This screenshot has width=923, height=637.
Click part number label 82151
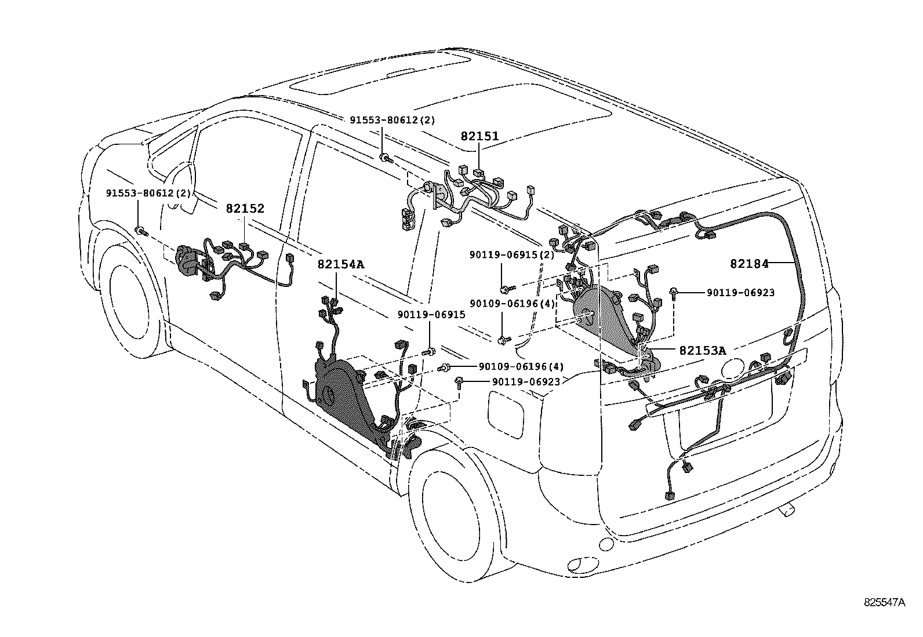point(479,136)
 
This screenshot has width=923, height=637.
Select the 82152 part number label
point(245,209)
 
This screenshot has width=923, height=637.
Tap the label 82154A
point(340,265)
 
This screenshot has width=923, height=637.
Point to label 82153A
point(702,351)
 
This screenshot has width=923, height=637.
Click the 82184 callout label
point(748,264)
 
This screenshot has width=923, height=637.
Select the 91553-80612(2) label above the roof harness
point(391,121)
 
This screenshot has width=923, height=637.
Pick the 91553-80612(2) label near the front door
point(148,192)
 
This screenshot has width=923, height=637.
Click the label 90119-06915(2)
point(511,255)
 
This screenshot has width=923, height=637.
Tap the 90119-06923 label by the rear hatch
point(740,293)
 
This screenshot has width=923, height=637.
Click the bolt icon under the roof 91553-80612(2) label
point(386,157)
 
